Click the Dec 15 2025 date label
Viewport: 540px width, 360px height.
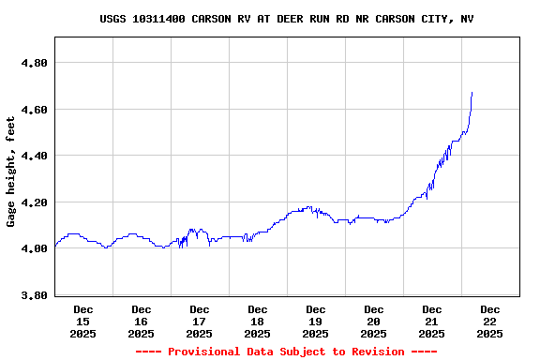(x=83, y=321)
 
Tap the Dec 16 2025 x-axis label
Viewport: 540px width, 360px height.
(x=142, y=321)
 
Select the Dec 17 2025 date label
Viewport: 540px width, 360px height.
(x=200, y=321)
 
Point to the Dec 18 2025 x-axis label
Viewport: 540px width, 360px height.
(x=258, y=321)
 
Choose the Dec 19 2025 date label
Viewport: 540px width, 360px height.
(x=316, y=321)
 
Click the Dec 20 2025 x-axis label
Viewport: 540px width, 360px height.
(x=374, y=321)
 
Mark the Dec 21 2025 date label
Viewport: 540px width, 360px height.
(x=432, y=321)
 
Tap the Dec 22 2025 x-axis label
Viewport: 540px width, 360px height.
(x=490, y=321)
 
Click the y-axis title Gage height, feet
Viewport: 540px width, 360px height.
(x=11, y=171)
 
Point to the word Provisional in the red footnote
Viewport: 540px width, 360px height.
(x=202, y=352)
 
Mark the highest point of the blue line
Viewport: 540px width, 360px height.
(x=472, y=93)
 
